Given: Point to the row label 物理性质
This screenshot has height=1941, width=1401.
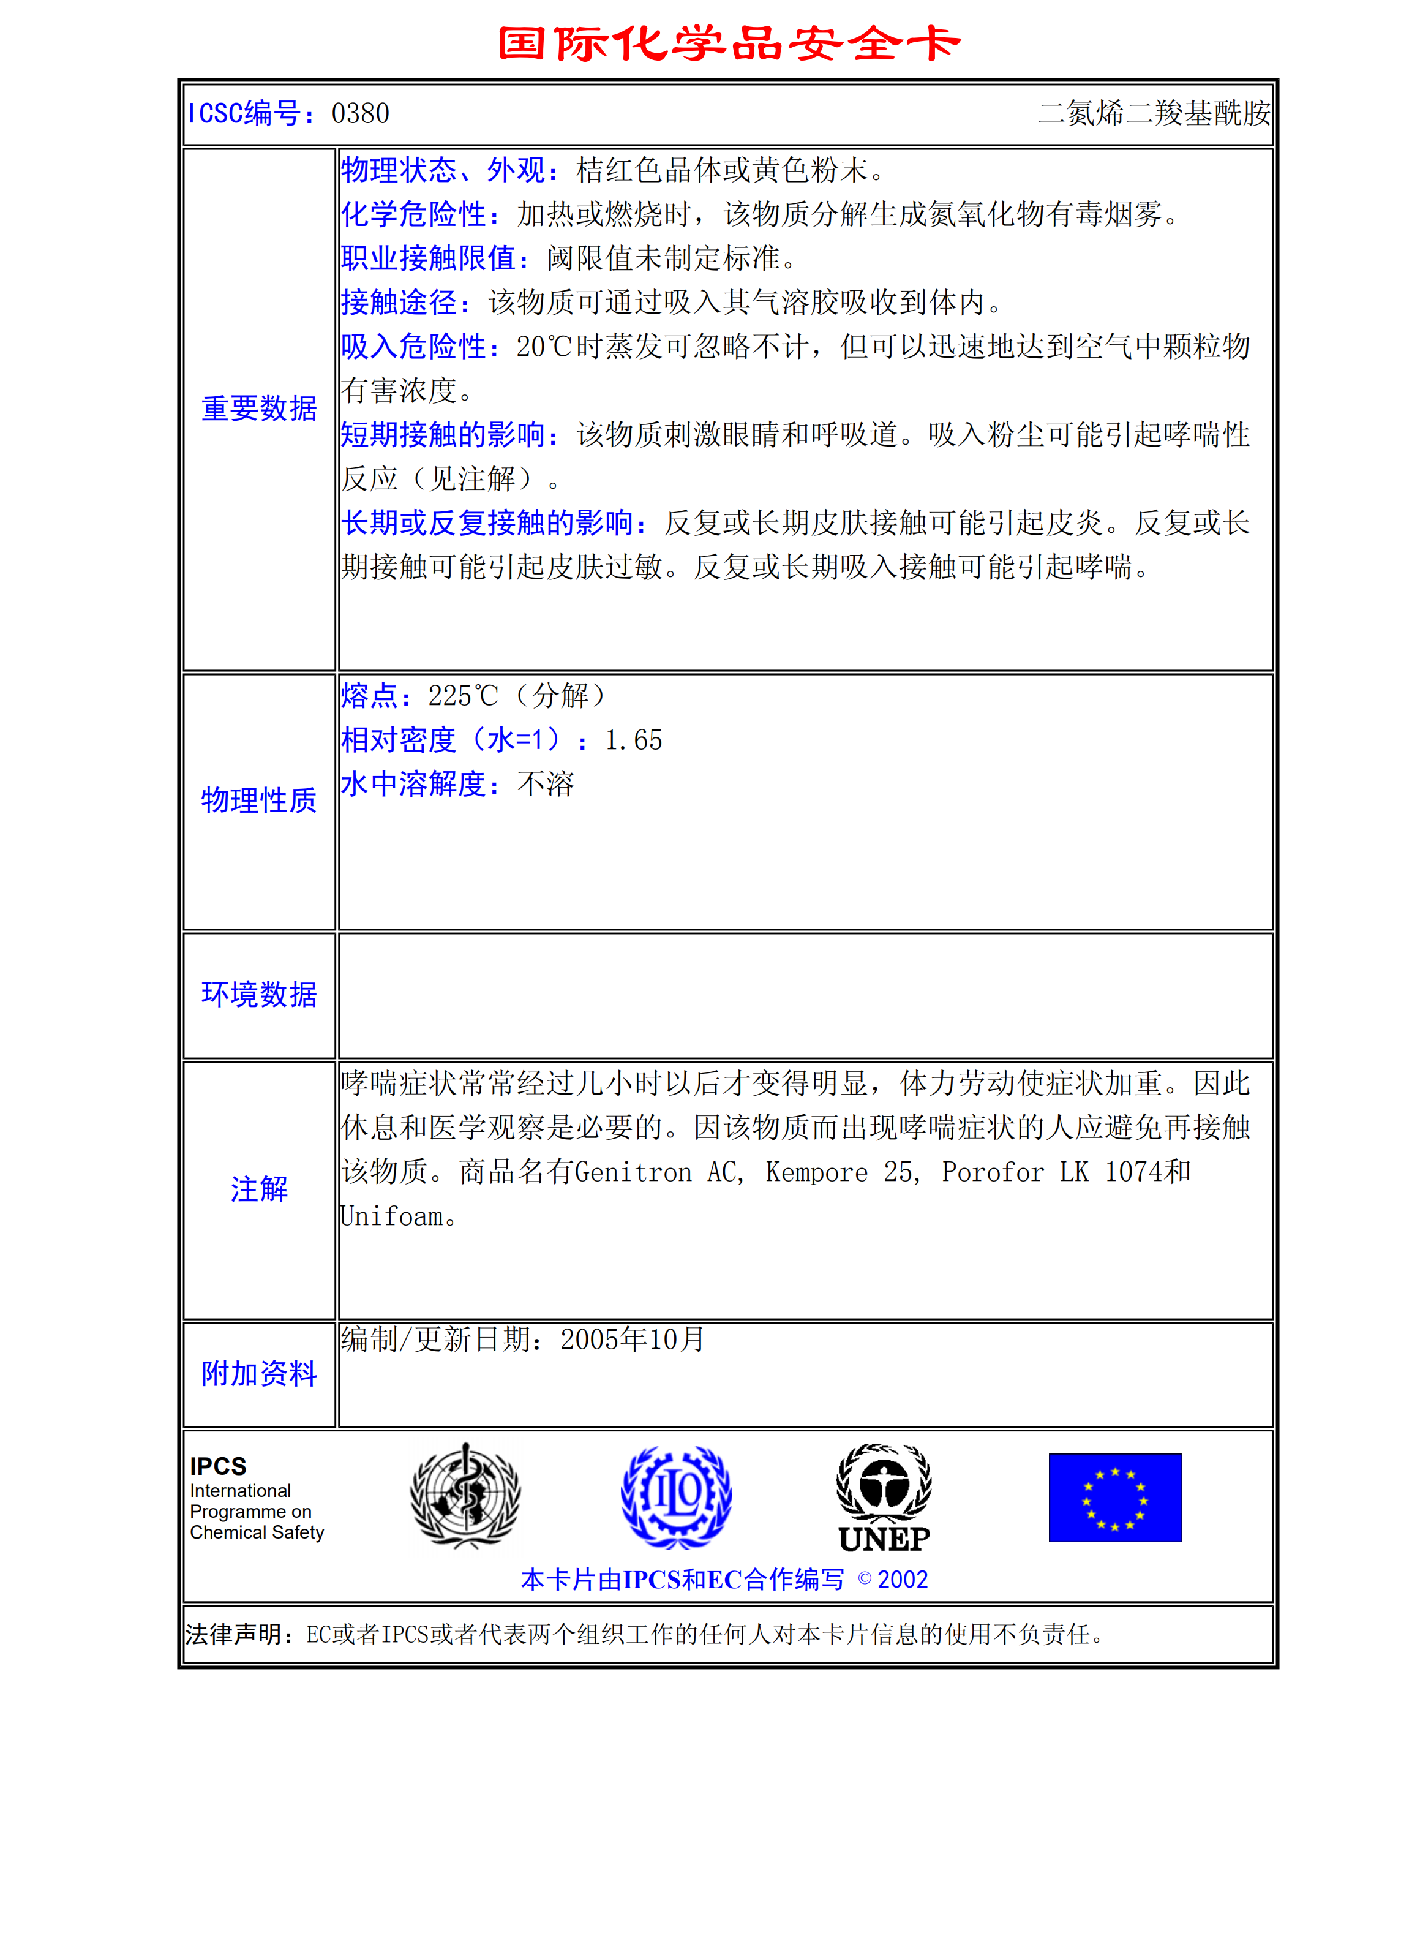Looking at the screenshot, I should click(258, 800).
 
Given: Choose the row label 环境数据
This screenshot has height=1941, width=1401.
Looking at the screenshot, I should click(258, 995).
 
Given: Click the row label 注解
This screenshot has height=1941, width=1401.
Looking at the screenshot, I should click(258, 1189).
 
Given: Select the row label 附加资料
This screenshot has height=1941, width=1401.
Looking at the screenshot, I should click(258, 1374).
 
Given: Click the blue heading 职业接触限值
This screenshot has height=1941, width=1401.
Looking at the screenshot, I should click(429, 258).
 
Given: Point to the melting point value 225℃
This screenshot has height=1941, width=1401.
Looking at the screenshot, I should click(462, 696).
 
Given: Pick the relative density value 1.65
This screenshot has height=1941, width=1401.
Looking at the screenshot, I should click(633, 741).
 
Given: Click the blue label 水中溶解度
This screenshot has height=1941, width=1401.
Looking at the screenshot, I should click(414, 784).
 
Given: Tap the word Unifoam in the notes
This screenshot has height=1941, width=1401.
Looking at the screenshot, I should click(392, 1216).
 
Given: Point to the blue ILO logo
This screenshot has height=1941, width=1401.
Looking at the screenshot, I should click(675, 1497).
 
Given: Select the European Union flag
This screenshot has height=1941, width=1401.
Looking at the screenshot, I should click(1115, 1498).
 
